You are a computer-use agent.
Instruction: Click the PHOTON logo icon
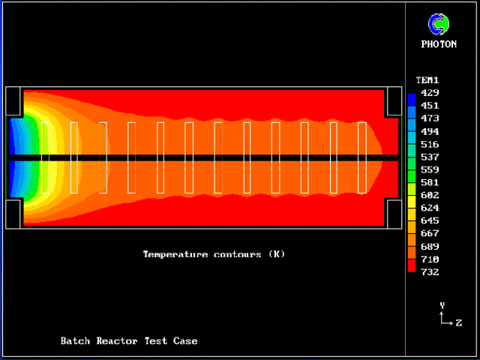point(438,24)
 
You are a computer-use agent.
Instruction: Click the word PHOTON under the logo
point(439,44)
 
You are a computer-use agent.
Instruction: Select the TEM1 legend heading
point(427,79)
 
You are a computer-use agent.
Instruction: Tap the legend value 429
point(430,93)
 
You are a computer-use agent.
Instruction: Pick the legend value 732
point(430,272)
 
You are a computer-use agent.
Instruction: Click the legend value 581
point(430,182)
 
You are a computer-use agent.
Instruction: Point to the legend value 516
point(430,144)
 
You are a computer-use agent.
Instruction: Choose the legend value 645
point(430,220)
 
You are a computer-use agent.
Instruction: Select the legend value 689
point(430,246)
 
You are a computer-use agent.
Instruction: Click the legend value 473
point(430,118)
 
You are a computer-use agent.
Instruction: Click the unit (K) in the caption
point(276,254)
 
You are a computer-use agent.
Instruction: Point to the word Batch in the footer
point(76,341)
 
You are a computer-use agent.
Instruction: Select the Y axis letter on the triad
point(442,305)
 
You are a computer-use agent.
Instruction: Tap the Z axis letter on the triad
point(458,322)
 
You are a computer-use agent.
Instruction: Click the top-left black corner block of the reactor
point(13,101)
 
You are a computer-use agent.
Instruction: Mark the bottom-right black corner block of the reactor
point(393,214)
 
